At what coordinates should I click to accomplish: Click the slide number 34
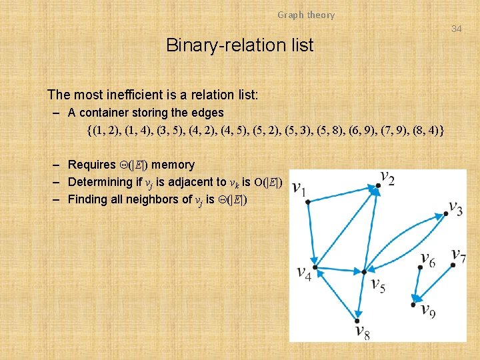(x=456, y=29)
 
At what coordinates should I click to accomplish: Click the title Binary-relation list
(x=239, y=45)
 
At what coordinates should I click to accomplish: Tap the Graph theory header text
(x=306, y=15)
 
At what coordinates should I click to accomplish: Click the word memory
(x=173, y=165)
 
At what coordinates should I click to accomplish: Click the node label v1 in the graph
(x=299, y=189)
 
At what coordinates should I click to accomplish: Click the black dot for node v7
(x=453, y=265)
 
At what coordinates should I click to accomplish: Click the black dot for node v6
(x=419, y=269)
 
